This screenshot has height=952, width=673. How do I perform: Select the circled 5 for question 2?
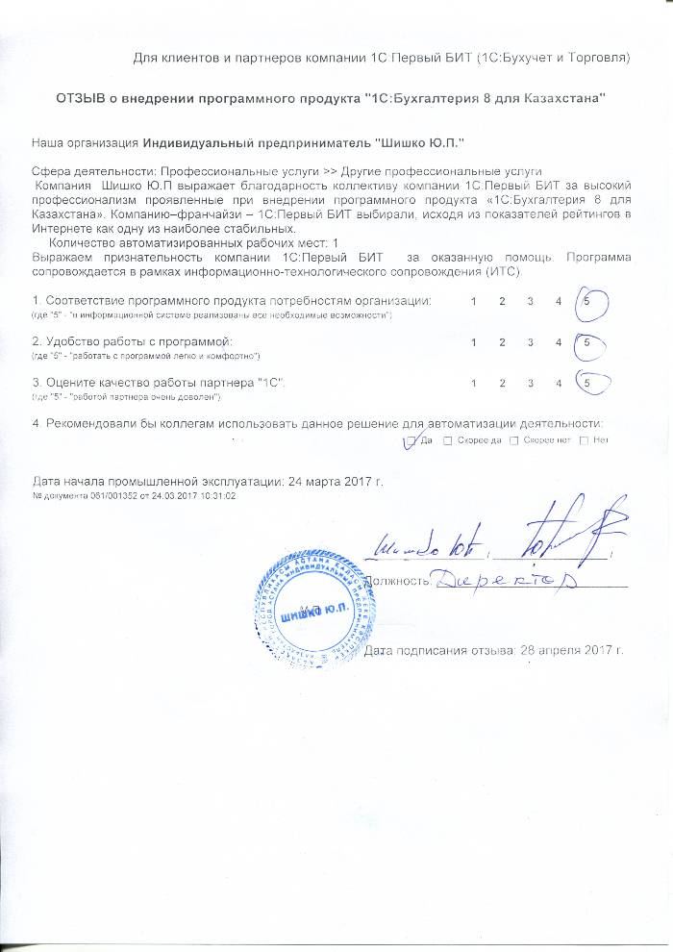(x=586, y=342)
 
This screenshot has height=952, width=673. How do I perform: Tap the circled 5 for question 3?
(x=586, y=383)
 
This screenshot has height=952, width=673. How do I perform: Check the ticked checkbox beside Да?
(x=411, y=440)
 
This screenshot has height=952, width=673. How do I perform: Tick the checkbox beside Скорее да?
(x=449, y=440)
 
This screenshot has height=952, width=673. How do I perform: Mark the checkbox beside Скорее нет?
(x=513, y=440)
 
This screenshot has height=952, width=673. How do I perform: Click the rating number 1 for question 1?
(x=473, y=302)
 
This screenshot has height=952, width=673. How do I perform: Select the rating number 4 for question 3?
(x=558, y=383)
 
